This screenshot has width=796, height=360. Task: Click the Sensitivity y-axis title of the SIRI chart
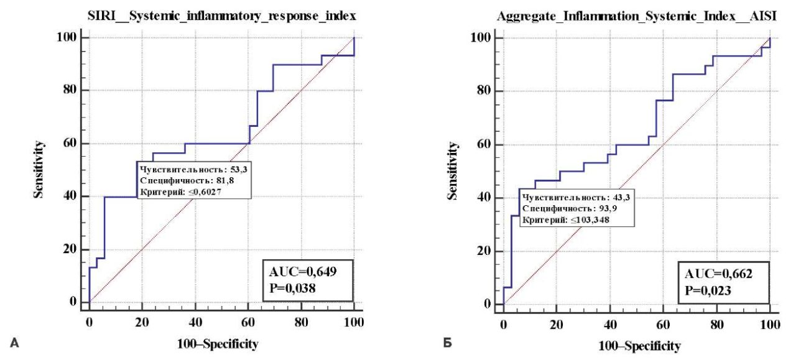coord(39,170)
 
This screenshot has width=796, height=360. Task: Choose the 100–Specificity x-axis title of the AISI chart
coord(639,345)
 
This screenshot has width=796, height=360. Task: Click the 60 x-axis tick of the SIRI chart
coord(248,323)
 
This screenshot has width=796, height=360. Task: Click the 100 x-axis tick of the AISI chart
coord(770,325)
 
